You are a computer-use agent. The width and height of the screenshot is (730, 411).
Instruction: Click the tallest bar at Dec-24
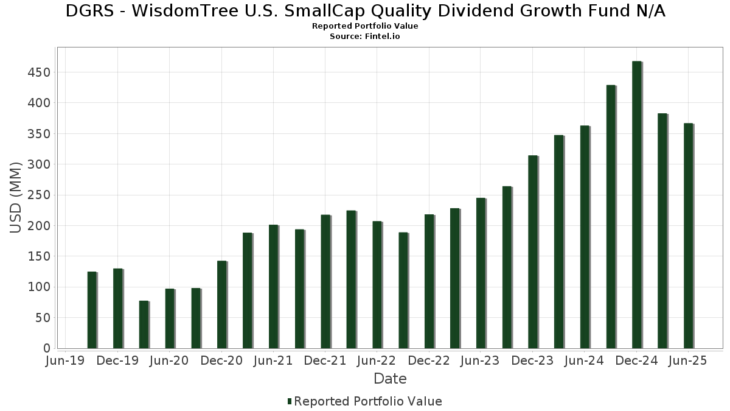tap(637, 205)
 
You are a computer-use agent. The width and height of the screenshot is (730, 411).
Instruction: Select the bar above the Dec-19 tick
tap(118, 308)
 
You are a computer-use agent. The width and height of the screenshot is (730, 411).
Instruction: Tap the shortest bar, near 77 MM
tap(144, 325)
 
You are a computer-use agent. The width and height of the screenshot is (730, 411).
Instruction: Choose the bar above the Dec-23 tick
tap(533, 251)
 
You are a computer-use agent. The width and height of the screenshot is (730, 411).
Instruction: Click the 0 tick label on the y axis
tap(47, 348)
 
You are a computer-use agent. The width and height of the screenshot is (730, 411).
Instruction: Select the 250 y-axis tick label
tap(39, 195)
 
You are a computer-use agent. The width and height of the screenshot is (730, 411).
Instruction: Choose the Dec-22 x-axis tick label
tap(429, 360)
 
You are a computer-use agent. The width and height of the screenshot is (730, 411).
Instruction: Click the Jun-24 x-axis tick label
tap(584, 360)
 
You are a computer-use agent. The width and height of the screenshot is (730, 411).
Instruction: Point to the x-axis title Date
tap(390, 379)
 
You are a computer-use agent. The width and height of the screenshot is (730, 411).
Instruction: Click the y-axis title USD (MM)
tap(16, 197)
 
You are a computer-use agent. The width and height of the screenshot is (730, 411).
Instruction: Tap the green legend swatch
tap(290, 401)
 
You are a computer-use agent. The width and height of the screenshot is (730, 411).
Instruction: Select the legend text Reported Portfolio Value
tap(368, 401)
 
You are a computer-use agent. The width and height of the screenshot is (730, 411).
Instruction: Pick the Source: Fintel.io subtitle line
tap(365, 37)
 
